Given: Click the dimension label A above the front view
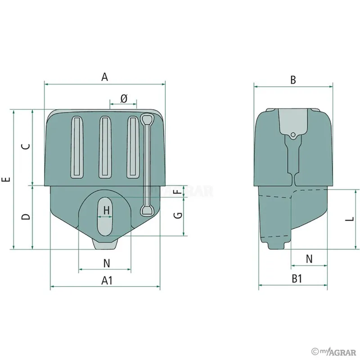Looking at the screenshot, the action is (105, 77).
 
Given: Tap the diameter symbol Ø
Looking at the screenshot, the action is (124, 99).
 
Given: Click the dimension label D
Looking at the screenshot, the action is (26, 216).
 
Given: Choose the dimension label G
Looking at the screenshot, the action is (178, 216).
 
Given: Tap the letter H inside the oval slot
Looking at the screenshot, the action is (107, 210).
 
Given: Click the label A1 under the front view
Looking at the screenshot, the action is (107, 280).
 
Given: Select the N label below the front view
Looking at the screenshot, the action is (107, 263).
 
